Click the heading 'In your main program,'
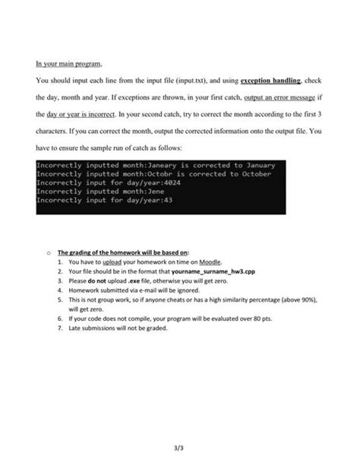[x=68, y=62]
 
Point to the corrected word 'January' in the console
[x=254, y=165]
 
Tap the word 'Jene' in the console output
[x=126, y=192]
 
